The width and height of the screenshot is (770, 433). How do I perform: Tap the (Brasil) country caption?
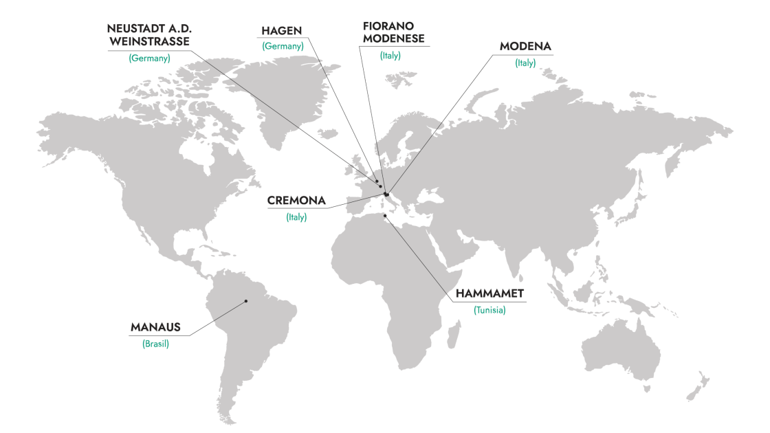[156, 344]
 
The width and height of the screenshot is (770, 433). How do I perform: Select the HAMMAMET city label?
[490, 294]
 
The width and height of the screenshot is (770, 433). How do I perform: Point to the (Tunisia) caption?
[489, 310]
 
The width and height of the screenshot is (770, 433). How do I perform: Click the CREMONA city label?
[296, 202]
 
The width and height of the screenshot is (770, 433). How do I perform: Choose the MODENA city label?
[525, 47]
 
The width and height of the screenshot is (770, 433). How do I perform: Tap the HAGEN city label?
[283, 32]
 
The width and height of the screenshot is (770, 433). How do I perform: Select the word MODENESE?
[393, 38]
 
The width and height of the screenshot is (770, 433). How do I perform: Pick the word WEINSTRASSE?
[149, 42]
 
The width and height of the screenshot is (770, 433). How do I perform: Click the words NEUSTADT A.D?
[148, 29]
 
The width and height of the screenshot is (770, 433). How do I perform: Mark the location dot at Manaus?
[245, 301]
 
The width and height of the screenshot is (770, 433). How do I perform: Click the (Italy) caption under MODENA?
[525, 63]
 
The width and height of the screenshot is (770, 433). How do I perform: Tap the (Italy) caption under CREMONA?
[296, 217]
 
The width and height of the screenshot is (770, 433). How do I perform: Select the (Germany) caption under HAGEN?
[283, 46]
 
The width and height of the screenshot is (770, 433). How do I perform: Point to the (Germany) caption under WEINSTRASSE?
[149, 58]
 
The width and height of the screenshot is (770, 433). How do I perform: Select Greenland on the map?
[289, 89]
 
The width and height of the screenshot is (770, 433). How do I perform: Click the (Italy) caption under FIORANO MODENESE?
[390, 56]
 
